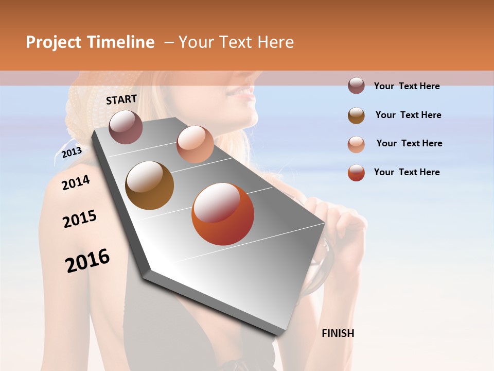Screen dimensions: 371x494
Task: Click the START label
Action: (x=121, y=99)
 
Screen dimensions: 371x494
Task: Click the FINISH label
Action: (x=338, y=333)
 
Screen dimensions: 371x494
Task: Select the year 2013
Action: (x=72, y=152)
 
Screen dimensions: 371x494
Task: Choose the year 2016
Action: (x=87, y=260)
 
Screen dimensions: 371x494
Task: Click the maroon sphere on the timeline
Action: (x=126, y=127)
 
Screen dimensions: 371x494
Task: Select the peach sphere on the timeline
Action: (x=195, y=144)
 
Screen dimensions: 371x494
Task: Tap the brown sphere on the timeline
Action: (x=149, y=185)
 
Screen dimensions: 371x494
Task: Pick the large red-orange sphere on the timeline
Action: (x=223, y=214)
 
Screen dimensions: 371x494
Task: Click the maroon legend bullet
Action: (x=356, y=86)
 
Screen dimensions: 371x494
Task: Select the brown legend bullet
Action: (x=356, y=115)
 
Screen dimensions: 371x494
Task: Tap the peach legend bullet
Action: (x=356, y=144)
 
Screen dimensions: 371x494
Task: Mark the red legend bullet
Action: (x=356, y=173)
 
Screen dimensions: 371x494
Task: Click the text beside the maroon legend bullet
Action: (x=407, y=86)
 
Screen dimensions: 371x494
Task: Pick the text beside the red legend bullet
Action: (x=407, y=172)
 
